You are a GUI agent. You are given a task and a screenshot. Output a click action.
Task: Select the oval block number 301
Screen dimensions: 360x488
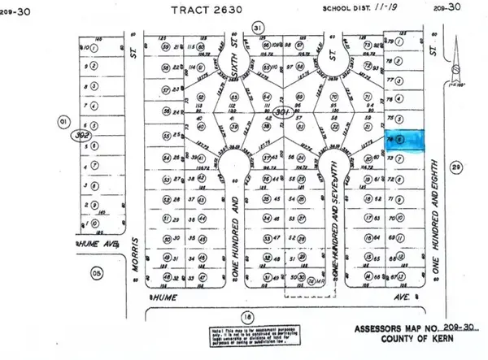281,112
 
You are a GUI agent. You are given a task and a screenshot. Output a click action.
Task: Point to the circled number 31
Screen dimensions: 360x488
259,28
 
